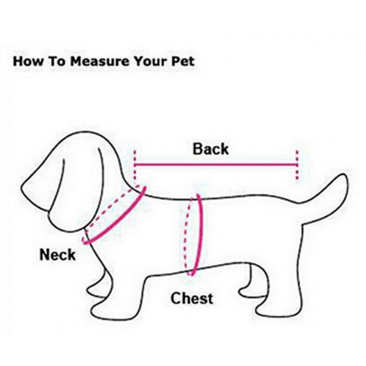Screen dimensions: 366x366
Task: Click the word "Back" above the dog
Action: pyautogui.click(x=210, y=149)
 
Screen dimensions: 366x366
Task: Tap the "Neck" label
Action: pyautogui.click(x=57, y=254)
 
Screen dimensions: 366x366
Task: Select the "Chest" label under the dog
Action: pyautogui.click(x=192, y=298)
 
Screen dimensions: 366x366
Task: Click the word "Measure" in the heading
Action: pyautogui.click(x=100, y=61)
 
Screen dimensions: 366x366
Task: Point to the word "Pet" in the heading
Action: pyautogui.click(x=183, y=61)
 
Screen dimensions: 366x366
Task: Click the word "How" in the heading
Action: pyautogui.click(x=28, y=61)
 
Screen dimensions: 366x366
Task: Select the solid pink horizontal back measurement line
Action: pyautogui.click(x=216, y=165)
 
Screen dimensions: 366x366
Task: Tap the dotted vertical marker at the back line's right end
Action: pyautogui.click(x=297, y=165)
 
